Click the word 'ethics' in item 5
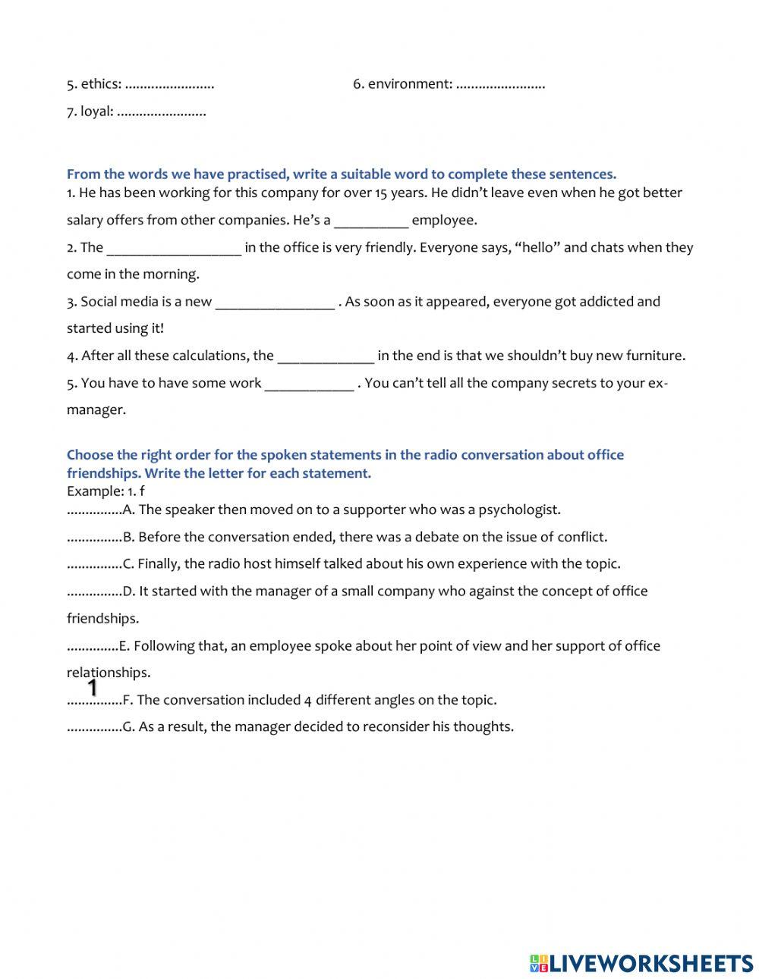click(99, 84)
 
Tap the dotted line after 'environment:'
click(500, 85)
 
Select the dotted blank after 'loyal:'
click(162, 112)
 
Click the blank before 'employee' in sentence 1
click(371, 221)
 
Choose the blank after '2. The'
click(174, 248)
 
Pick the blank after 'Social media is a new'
click(275, 303)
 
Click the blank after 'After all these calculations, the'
click(326, 356)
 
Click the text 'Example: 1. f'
click(106, 491)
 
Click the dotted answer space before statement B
click(94, 538)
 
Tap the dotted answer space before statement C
click(94, 564)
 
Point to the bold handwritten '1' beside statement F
click(93, 689)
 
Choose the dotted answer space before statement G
click(94, 727)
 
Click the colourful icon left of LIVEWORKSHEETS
click(538, 963)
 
